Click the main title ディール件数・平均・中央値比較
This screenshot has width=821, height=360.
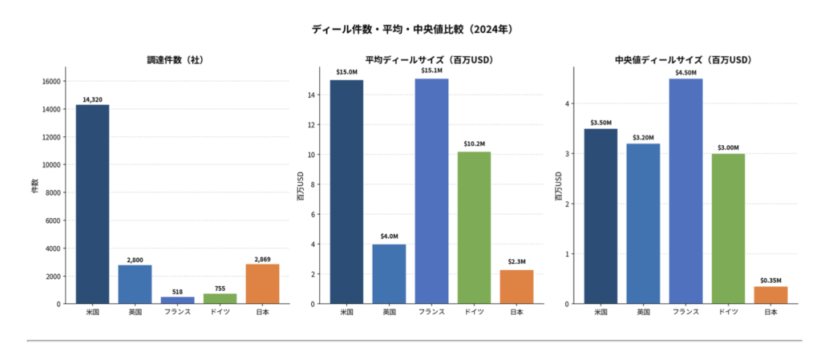(411, 29)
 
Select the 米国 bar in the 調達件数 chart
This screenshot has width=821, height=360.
(92, 204)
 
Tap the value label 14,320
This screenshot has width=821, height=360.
(92, 99)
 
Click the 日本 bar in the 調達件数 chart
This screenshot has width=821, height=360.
(262, 284)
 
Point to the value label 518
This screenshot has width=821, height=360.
(177, 292)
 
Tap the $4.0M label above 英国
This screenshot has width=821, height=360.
(389, 237)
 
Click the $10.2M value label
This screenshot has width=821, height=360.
(474, 144)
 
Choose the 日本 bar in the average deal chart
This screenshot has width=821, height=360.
(516, 286)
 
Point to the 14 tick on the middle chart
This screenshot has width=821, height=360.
(313, 95)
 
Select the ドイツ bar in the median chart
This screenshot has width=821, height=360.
(728, 229)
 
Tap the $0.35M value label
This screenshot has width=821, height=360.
(770, 280)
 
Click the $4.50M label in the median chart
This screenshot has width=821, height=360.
(686, 71)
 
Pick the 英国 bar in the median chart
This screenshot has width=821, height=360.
(643, 224)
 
